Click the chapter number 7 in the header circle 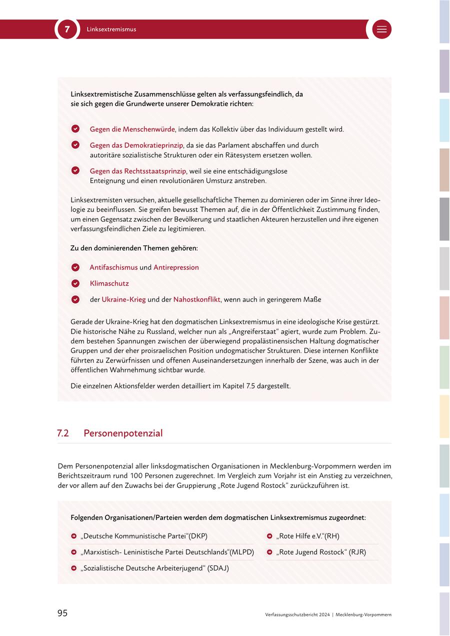click(67, 29)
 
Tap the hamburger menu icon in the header click(381, 29)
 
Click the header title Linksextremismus click(111, 29)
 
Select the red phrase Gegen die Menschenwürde click(132, 129)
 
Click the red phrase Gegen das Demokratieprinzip click(136, 145)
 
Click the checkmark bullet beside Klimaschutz click(75, 283)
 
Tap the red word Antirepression click(176, 267)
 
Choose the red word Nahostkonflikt click(196, 299)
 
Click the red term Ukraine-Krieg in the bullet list click(123, 299)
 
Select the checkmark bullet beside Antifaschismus click(75, 267)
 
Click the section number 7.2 click(63, 433)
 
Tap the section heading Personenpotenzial click(123, 433)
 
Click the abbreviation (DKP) click(197, 536)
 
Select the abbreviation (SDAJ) click(218, 568)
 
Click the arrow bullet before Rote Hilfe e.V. click(269, 536)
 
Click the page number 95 click(62, 613)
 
